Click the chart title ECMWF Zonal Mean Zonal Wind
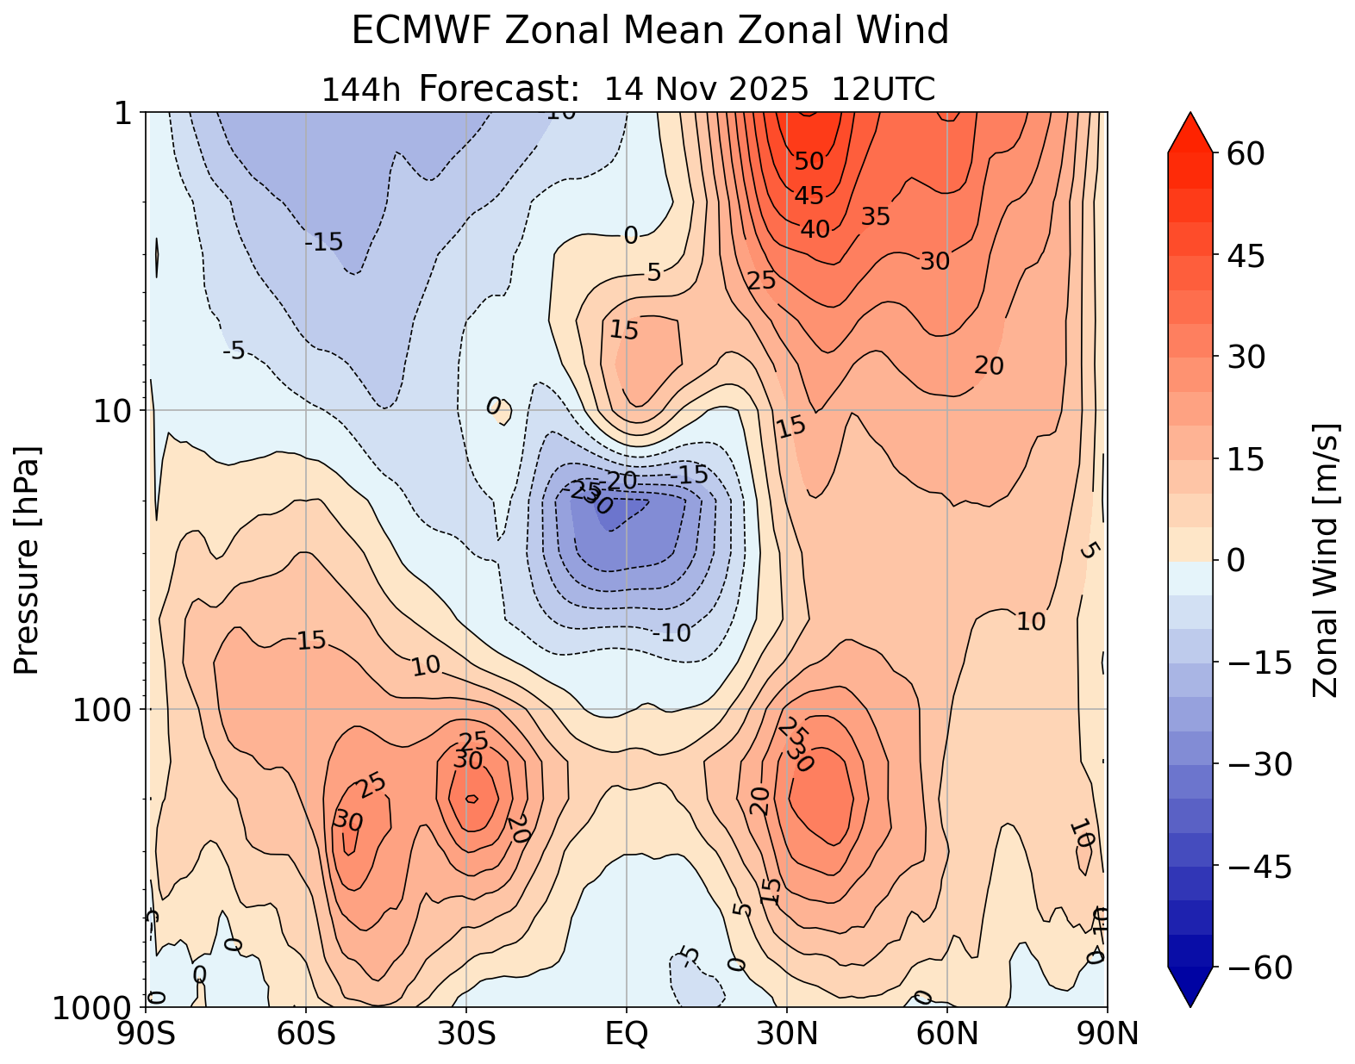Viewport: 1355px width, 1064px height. (650, 32)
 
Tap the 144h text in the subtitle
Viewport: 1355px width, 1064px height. (360, 90)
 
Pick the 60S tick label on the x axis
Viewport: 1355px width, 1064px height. (306, 1033)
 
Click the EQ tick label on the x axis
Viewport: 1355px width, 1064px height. (627, 1033)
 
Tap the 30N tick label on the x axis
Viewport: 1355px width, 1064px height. (786, 1033)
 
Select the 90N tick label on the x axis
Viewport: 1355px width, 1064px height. (1107, 1033)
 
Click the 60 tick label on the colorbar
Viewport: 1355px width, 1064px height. (1242, 153)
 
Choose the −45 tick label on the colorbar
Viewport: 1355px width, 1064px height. (1258, 867)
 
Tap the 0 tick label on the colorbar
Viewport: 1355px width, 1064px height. (1234, 561)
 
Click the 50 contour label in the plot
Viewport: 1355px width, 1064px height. (809, 161)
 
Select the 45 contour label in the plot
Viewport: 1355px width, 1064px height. (809, 196)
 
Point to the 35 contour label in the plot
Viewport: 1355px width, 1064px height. (875, 217)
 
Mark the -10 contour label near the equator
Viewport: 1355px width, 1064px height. (672, 633)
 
